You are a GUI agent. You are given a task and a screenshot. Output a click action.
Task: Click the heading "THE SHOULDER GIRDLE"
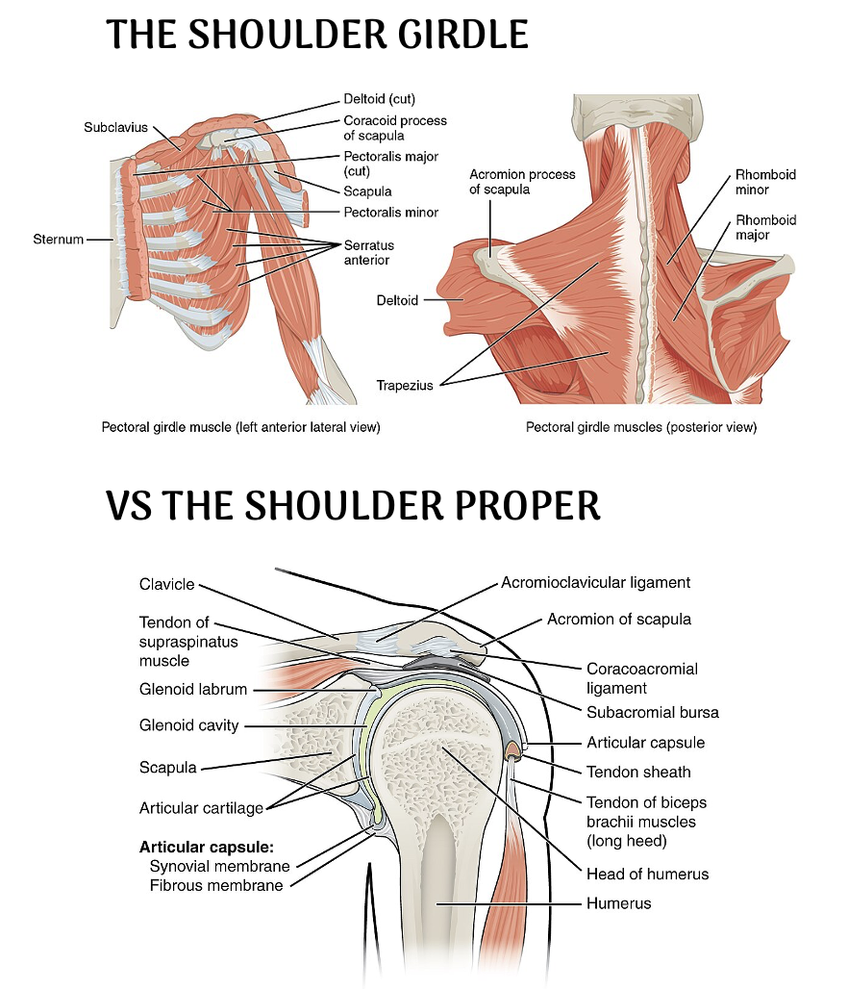(317, 36)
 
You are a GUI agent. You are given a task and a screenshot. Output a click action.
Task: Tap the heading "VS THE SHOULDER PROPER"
(353, 505)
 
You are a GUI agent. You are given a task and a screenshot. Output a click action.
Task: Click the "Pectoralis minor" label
(390, 212)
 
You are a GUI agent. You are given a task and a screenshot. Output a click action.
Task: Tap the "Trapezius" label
(404, 386)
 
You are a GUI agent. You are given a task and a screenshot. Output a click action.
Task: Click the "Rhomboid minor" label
(765, 182)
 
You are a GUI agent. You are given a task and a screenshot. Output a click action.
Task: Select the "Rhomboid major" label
(765, 227)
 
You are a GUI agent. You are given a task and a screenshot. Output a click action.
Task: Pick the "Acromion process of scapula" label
(522, 181)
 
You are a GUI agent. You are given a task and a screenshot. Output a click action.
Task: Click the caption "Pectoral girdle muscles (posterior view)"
(641, 427)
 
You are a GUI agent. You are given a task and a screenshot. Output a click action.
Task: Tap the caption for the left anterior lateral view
(241, 427)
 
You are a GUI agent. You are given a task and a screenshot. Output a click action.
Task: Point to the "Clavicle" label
(166, 584)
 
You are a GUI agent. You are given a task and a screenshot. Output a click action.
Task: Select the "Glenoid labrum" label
(193, 689)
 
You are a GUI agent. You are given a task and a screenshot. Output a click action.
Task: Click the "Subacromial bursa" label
(653, 713)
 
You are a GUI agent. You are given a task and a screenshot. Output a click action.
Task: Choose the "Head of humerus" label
(647, 874)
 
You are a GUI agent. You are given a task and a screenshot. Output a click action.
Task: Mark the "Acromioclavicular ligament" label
(595, 582)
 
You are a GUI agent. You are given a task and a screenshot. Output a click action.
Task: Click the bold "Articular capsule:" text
(207, 848)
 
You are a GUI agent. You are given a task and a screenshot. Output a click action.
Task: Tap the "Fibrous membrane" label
(216, 885)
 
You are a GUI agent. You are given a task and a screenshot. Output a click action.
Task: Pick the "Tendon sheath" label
(638, 772)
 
